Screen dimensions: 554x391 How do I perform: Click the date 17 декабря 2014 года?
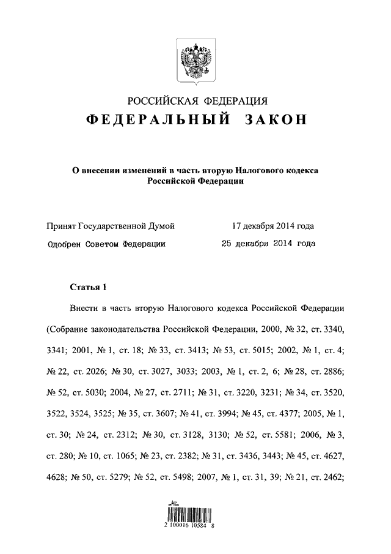point(273,226)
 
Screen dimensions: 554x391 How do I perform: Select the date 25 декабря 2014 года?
point(268,244)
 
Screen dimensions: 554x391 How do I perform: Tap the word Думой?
point(161,226)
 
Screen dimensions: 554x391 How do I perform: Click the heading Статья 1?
point(88,287)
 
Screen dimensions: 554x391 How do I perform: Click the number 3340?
point(334,329)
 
